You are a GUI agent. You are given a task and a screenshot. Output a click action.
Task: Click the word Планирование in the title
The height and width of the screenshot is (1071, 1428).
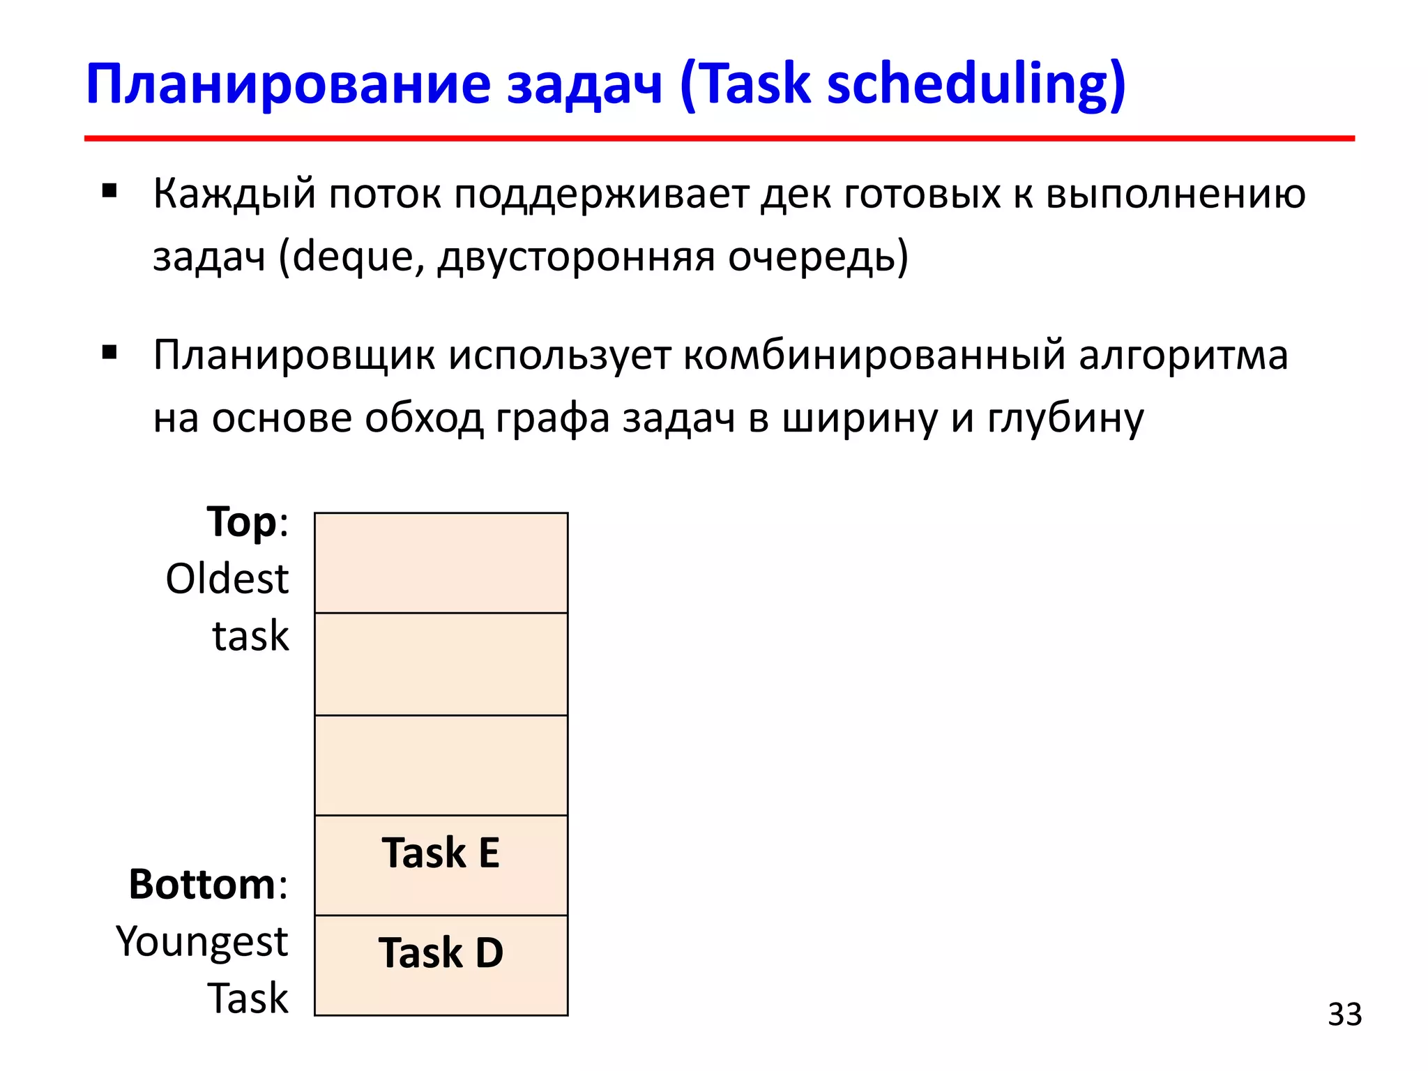288,85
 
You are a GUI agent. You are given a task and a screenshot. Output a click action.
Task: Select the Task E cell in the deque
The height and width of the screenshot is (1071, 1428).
441,865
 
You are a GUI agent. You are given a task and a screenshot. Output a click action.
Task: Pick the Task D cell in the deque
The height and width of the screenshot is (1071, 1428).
441,965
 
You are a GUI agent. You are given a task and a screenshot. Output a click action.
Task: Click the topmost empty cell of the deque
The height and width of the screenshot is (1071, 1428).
441,563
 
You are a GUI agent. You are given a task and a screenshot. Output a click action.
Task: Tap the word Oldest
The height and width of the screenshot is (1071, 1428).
227,579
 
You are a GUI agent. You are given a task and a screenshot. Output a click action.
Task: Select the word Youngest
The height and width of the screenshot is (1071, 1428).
202,941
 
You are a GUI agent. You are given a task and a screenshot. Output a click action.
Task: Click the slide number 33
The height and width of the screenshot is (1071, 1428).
1344,1015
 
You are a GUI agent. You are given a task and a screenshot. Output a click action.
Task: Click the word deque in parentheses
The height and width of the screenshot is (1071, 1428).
353,257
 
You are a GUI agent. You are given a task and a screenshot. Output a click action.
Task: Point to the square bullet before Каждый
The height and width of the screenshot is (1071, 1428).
109,191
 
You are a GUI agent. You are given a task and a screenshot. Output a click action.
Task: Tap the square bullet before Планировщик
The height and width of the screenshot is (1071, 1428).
109,352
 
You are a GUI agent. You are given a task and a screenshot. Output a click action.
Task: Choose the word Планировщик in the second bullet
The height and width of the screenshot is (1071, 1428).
294,356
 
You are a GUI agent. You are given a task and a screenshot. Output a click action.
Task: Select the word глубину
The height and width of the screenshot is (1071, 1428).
1065,418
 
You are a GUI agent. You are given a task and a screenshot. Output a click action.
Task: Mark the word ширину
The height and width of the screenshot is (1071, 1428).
859,418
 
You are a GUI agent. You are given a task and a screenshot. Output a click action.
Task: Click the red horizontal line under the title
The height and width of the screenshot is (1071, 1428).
719,139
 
